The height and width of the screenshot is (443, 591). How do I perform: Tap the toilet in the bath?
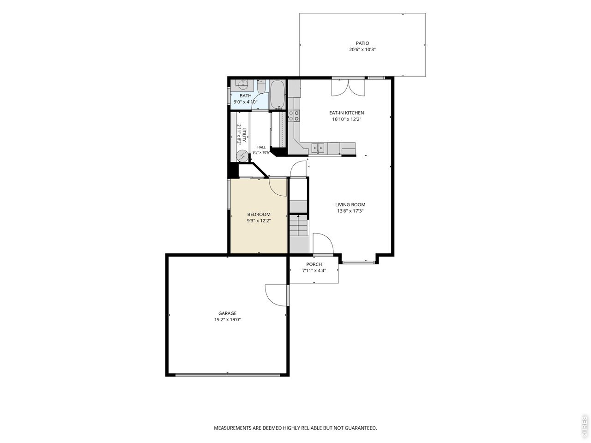(261, 86)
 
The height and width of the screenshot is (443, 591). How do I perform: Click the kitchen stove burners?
(294, 116)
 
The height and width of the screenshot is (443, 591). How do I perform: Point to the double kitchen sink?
(318, 148)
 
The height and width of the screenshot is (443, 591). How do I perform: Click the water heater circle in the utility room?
(242, 156)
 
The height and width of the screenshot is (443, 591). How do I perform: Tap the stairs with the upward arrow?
(298, 225)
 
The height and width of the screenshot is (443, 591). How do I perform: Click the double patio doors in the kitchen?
(348, 87)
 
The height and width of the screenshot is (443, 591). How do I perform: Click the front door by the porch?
(323, 244)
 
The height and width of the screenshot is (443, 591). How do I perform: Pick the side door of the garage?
(276, 295)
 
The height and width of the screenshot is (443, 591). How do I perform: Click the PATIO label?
(362, 43)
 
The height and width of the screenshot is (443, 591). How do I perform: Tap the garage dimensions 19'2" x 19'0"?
(227, 319)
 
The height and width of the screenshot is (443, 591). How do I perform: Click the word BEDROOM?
(259, 215)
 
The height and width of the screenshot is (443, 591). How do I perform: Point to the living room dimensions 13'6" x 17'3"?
(350, 211)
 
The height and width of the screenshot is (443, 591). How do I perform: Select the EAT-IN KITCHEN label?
(346, 113)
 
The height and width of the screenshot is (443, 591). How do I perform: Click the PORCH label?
(314, 264)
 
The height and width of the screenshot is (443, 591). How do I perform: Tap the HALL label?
(261, 147)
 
